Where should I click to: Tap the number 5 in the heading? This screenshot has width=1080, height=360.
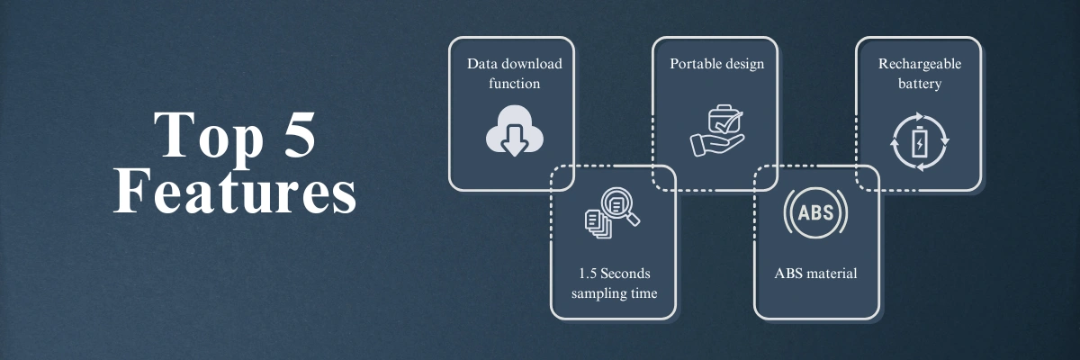300,134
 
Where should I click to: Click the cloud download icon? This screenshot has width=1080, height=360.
515,130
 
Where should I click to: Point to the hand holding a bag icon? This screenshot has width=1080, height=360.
717,130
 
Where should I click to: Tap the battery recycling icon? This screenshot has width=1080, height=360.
920,141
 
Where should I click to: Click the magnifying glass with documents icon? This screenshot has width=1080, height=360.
612,213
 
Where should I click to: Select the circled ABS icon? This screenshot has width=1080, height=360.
815,212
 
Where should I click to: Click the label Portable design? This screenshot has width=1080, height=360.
717,64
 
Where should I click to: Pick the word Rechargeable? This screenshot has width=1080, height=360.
920,64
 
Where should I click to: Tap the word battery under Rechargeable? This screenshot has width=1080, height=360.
920,84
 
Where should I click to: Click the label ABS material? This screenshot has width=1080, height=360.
815,274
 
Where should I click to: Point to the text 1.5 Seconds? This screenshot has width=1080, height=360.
614,274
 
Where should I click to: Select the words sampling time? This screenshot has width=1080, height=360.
614,293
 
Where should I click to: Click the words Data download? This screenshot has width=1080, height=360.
515,64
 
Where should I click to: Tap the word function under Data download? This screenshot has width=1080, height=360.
515,84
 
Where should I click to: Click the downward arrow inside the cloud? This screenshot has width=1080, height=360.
515,140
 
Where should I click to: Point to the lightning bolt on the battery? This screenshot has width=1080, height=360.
920,144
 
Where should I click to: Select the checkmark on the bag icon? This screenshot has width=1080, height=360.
728,122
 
